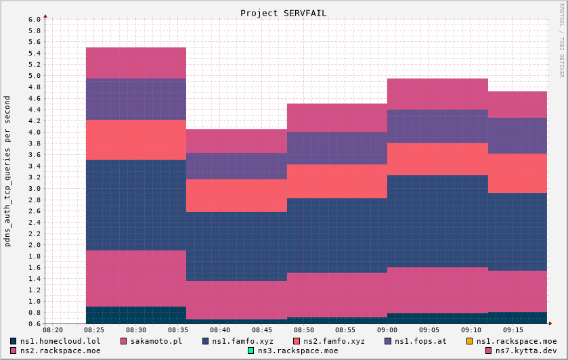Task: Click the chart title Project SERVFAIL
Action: [x=283, y=13]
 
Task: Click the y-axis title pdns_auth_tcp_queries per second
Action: [x=7, y=171]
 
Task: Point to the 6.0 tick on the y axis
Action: [x=35, y=19]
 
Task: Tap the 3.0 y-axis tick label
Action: [x=35, y=188]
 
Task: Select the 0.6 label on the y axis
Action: [x=35, y=323]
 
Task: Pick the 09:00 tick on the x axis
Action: [x=387, y=330]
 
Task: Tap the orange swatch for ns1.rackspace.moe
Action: [x=469, y=341]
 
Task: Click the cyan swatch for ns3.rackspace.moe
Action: [x=250, y=351]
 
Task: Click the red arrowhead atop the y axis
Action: [x=45, y=15]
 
